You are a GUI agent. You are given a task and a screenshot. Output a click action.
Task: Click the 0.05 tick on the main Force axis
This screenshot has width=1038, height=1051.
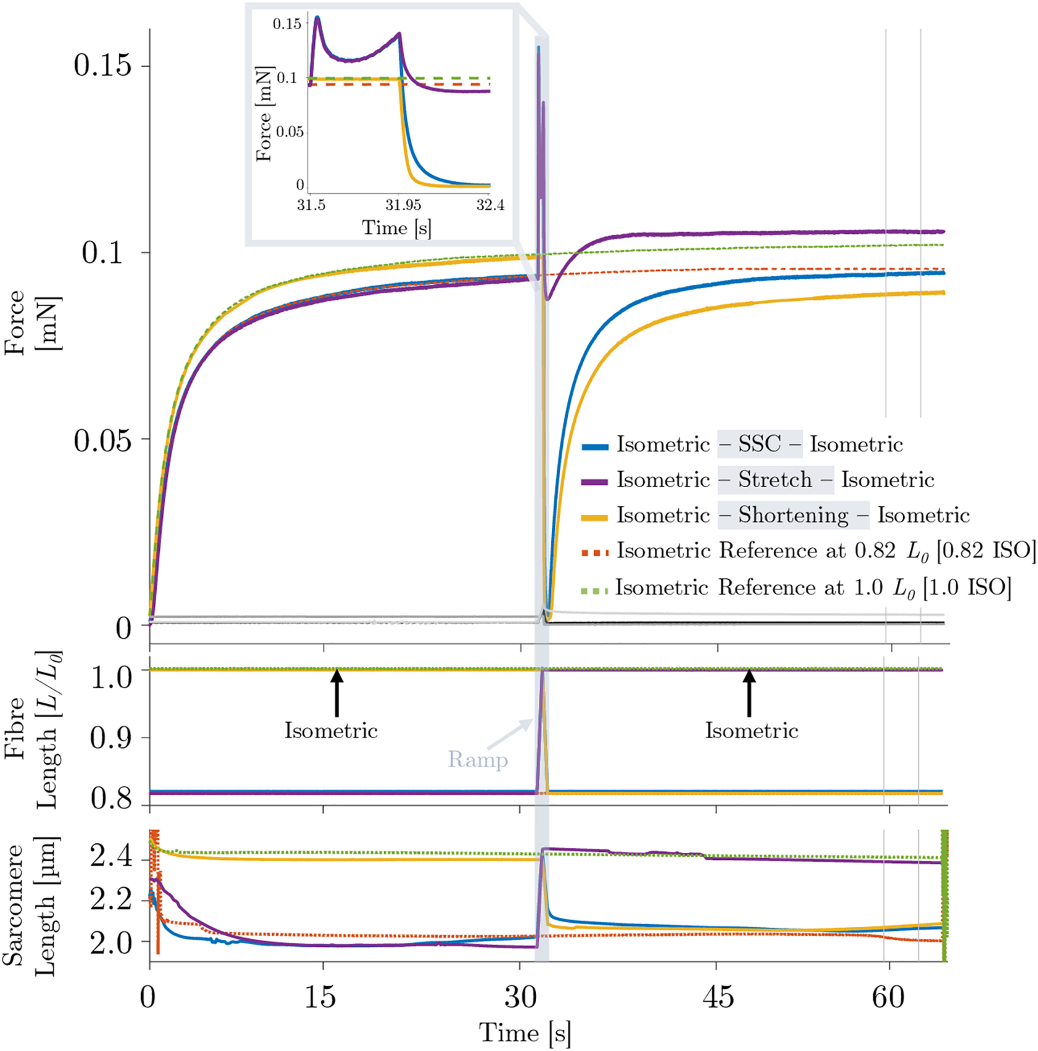[x=103, y=440]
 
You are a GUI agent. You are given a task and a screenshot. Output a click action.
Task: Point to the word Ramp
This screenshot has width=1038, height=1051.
[x=477, y=759]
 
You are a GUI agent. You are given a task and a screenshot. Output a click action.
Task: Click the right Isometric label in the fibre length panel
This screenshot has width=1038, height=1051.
[x=751, y=731]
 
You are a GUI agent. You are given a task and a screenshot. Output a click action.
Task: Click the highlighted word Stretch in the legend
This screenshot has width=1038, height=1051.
[x=775, y=480]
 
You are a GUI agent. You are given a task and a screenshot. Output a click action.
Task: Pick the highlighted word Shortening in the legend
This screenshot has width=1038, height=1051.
[x=793, y=515]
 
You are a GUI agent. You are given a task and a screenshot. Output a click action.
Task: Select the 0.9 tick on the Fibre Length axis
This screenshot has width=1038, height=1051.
[x=111, y=738]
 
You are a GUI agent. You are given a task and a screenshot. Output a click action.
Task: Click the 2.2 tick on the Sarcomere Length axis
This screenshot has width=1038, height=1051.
[x=111, y=900]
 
